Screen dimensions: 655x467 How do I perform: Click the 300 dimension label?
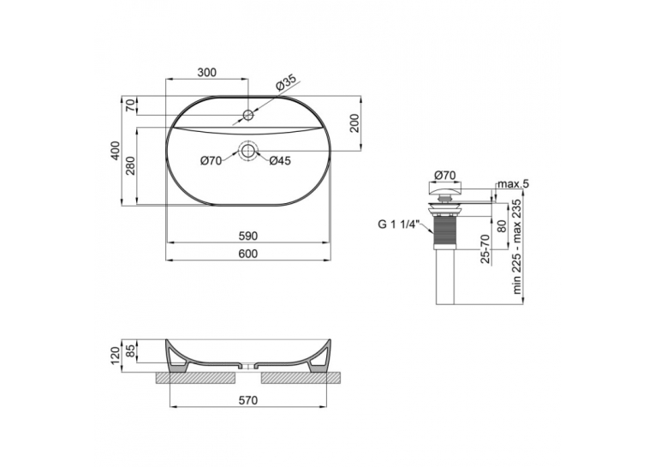(x=207, y=72)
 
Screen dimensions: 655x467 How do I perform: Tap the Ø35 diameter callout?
(x=286, y=83)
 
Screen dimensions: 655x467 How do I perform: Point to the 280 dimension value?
(x=131, y=165)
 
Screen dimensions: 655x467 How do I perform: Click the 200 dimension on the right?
(x=354, y=123)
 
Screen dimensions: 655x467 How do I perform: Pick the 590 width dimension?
(x=248, y=236)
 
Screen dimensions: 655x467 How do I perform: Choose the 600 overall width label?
(x=248, y=254)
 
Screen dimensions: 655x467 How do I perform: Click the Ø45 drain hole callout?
(x=279, y=161)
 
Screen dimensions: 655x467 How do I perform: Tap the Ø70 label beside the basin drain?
(x=211, y=161)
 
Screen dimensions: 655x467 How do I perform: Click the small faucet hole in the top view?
(x=248, y=115)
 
